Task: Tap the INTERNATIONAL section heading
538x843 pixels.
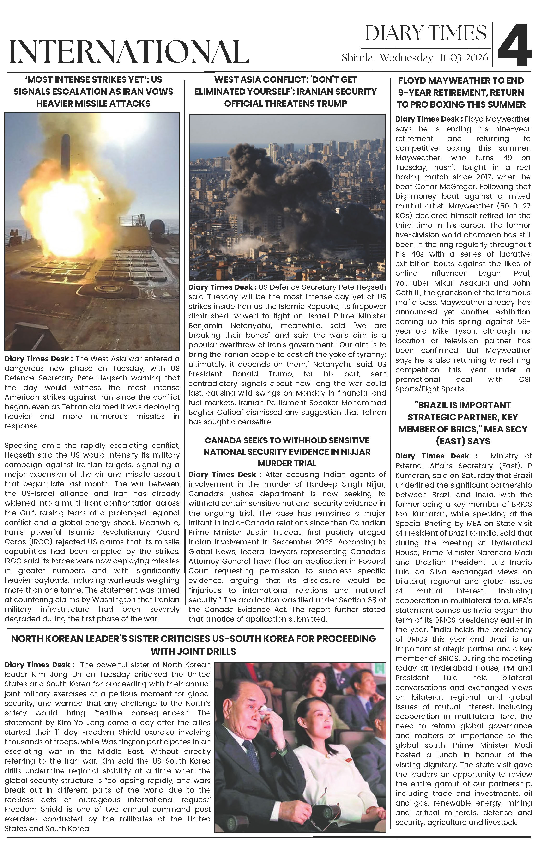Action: (129, 52)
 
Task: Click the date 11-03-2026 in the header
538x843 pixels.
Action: (464, 58)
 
